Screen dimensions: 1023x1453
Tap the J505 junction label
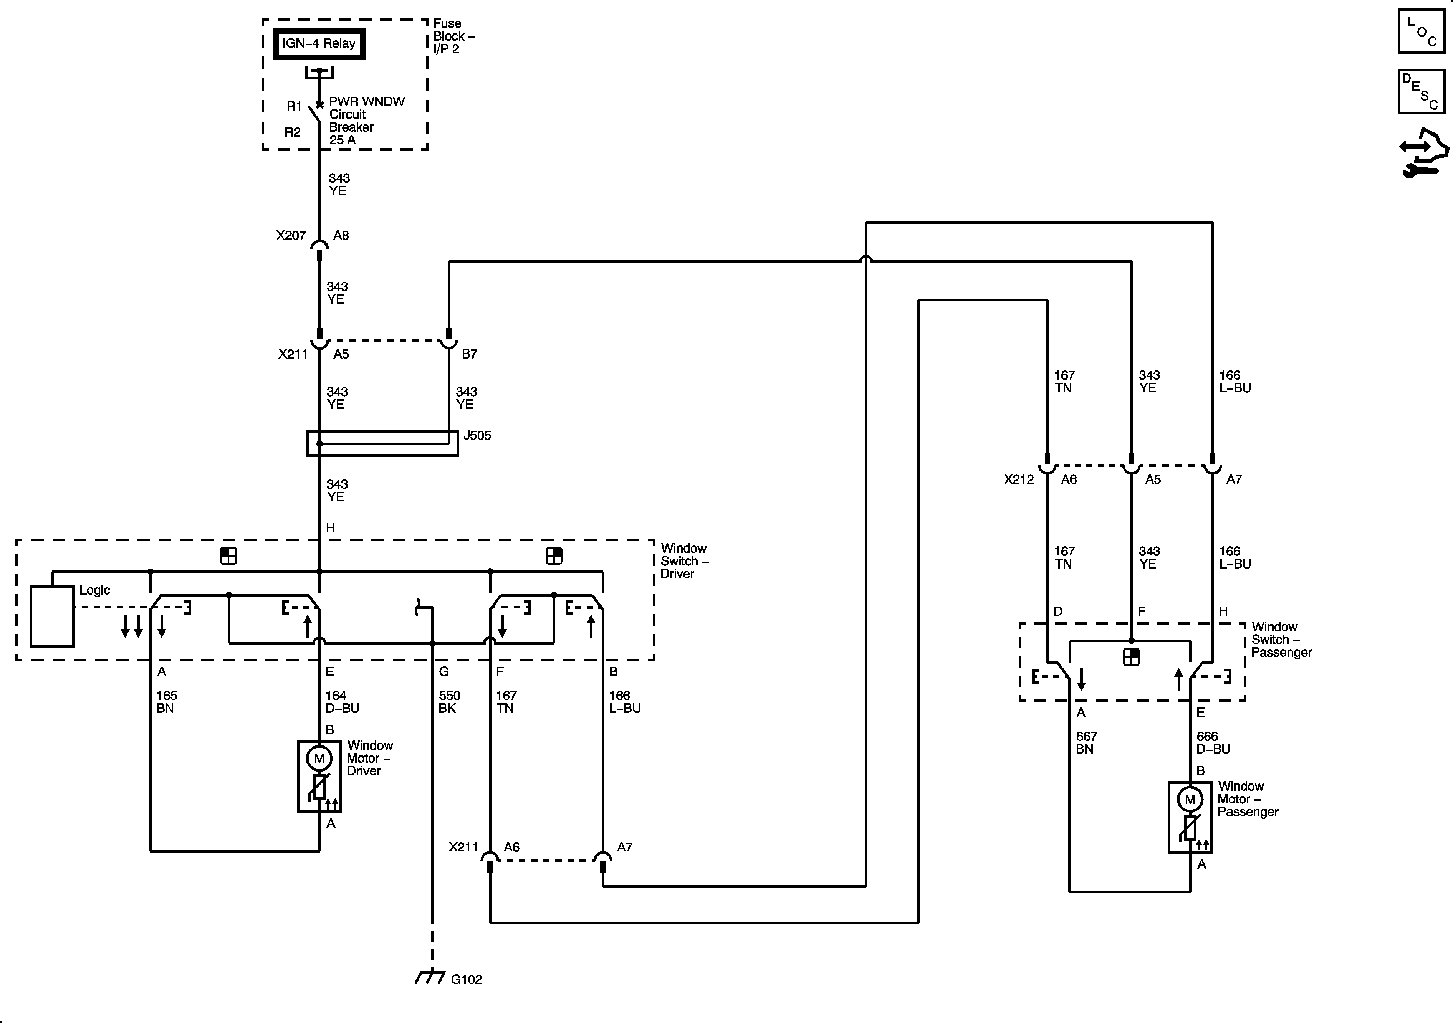click(x=477, y=435)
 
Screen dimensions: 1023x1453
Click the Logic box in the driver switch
click(x=52, y=616)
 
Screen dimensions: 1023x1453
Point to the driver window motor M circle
click(x=319, y=758)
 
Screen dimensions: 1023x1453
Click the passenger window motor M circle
click(x=1190, y=799)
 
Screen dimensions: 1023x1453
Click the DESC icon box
click(x=1422, y=92)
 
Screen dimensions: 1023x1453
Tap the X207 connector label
click(x=290, y=235)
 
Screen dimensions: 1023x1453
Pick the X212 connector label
click(x=1018, y=479)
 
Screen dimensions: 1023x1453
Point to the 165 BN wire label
click(x=166, y=702)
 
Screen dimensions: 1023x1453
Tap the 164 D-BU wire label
click(x=342, y=702)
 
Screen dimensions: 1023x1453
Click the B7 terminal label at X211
click(x=469, y=354)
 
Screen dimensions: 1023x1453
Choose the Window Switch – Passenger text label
click(x=1281, y=639)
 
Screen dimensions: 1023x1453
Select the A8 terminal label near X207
click(x=341, y=235)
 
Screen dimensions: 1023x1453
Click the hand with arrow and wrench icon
click(x=1423, y=153)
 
